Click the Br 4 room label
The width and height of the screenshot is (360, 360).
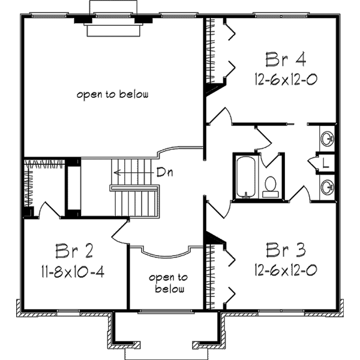[286, 59]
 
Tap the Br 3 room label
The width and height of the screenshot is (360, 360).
[286, 250]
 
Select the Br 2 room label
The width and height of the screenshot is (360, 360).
[74, 251]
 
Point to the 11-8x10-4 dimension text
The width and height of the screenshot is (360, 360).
[73, 271]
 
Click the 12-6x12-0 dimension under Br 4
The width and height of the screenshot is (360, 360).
[286, 80]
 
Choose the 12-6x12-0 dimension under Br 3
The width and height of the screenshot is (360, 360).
[286, 270]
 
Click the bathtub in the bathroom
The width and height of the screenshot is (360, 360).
[245, 177]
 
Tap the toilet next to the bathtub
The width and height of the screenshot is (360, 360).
[271, 187]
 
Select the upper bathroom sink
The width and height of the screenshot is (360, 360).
[328, 139]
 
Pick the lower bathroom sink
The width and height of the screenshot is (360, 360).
[328, 187]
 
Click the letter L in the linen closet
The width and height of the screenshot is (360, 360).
[325, 163]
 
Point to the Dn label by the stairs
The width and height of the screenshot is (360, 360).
[164, 172]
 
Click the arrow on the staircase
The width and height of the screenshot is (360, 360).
[134, 172]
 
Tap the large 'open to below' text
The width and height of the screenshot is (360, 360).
[113, 94]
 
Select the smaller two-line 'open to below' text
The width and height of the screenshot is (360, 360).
[169, 283]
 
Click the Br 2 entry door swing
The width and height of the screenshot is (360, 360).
[120, 232]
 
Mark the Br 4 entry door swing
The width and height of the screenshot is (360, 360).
[220, 116]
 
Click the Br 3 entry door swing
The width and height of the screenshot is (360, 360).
[219, 209]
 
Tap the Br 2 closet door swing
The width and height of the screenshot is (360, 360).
[50, 209]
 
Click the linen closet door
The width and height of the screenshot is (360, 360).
[313, 163]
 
